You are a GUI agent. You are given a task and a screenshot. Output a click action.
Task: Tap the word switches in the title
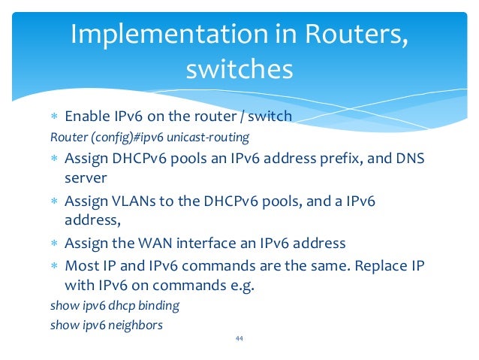(239, 69)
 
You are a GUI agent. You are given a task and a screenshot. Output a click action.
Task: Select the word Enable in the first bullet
(87, 116)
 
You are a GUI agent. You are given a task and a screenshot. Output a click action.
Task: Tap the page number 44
(239, 339)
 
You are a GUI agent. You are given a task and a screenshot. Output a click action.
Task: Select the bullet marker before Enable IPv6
(54, 117)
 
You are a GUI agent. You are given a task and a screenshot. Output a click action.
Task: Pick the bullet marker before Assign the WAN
(54, 244)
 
